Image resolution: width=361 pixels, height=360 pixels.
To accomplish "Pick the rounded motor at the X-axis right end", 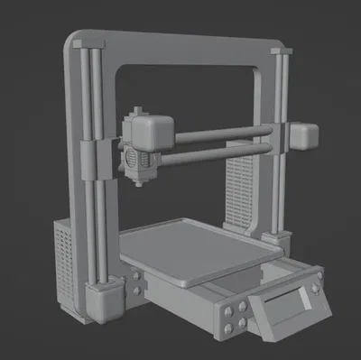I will pyautogui.click(x=303, y=135).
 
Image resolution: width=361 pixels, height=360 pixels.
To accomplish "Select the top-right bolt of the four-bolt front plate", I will pyautogui.click(x=244, y=308).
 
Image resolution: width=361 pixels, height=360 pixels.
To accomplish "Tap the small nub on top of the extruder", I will pyautogui.click(x=136, y=109).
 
